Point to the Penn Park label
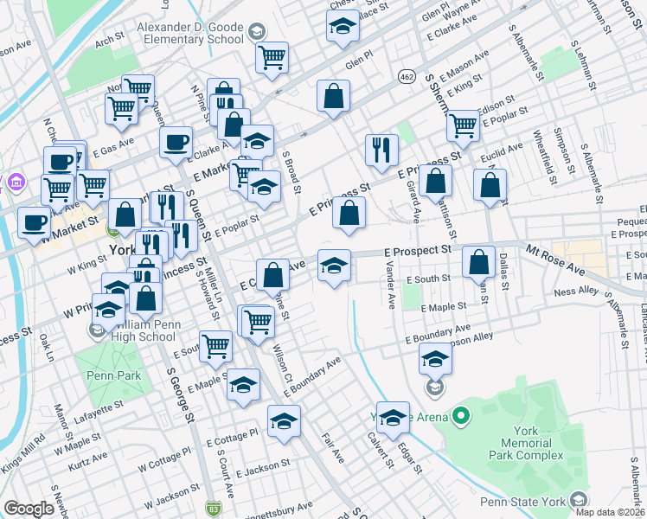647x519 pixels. [106, 377]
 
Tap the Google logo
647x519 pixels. [29, 508]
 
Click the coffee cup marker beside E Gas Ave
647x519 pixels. [176, 141]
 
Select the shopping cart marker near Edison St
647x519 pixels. [463, 125]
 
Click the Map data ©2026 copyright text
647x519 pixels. [611, 511]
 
